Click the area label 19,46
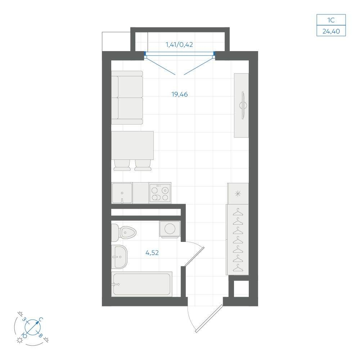click(180, 94)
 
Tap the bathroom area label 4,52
click(152, 253)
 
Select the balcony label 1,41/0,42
click(179, 45)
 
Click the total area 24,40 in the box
click(331, 31)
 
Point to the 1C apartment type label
click(331, 20)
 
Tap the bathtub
click(141, 284)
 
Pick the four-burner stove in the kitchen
click(160, 193)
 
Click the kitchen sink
click(122, 193)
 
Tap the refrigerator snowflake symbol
click(238, 194)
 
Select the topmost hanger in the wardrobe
click(238, 212)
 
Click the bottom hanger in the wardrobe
click(238, 268)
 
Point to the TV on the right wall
click(243, 105)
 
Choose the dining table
click(132, 145)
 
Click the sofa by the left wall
click(127, 98)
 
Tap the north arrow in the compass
click(33, 327)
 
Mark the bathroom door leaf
click(194, 256)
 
